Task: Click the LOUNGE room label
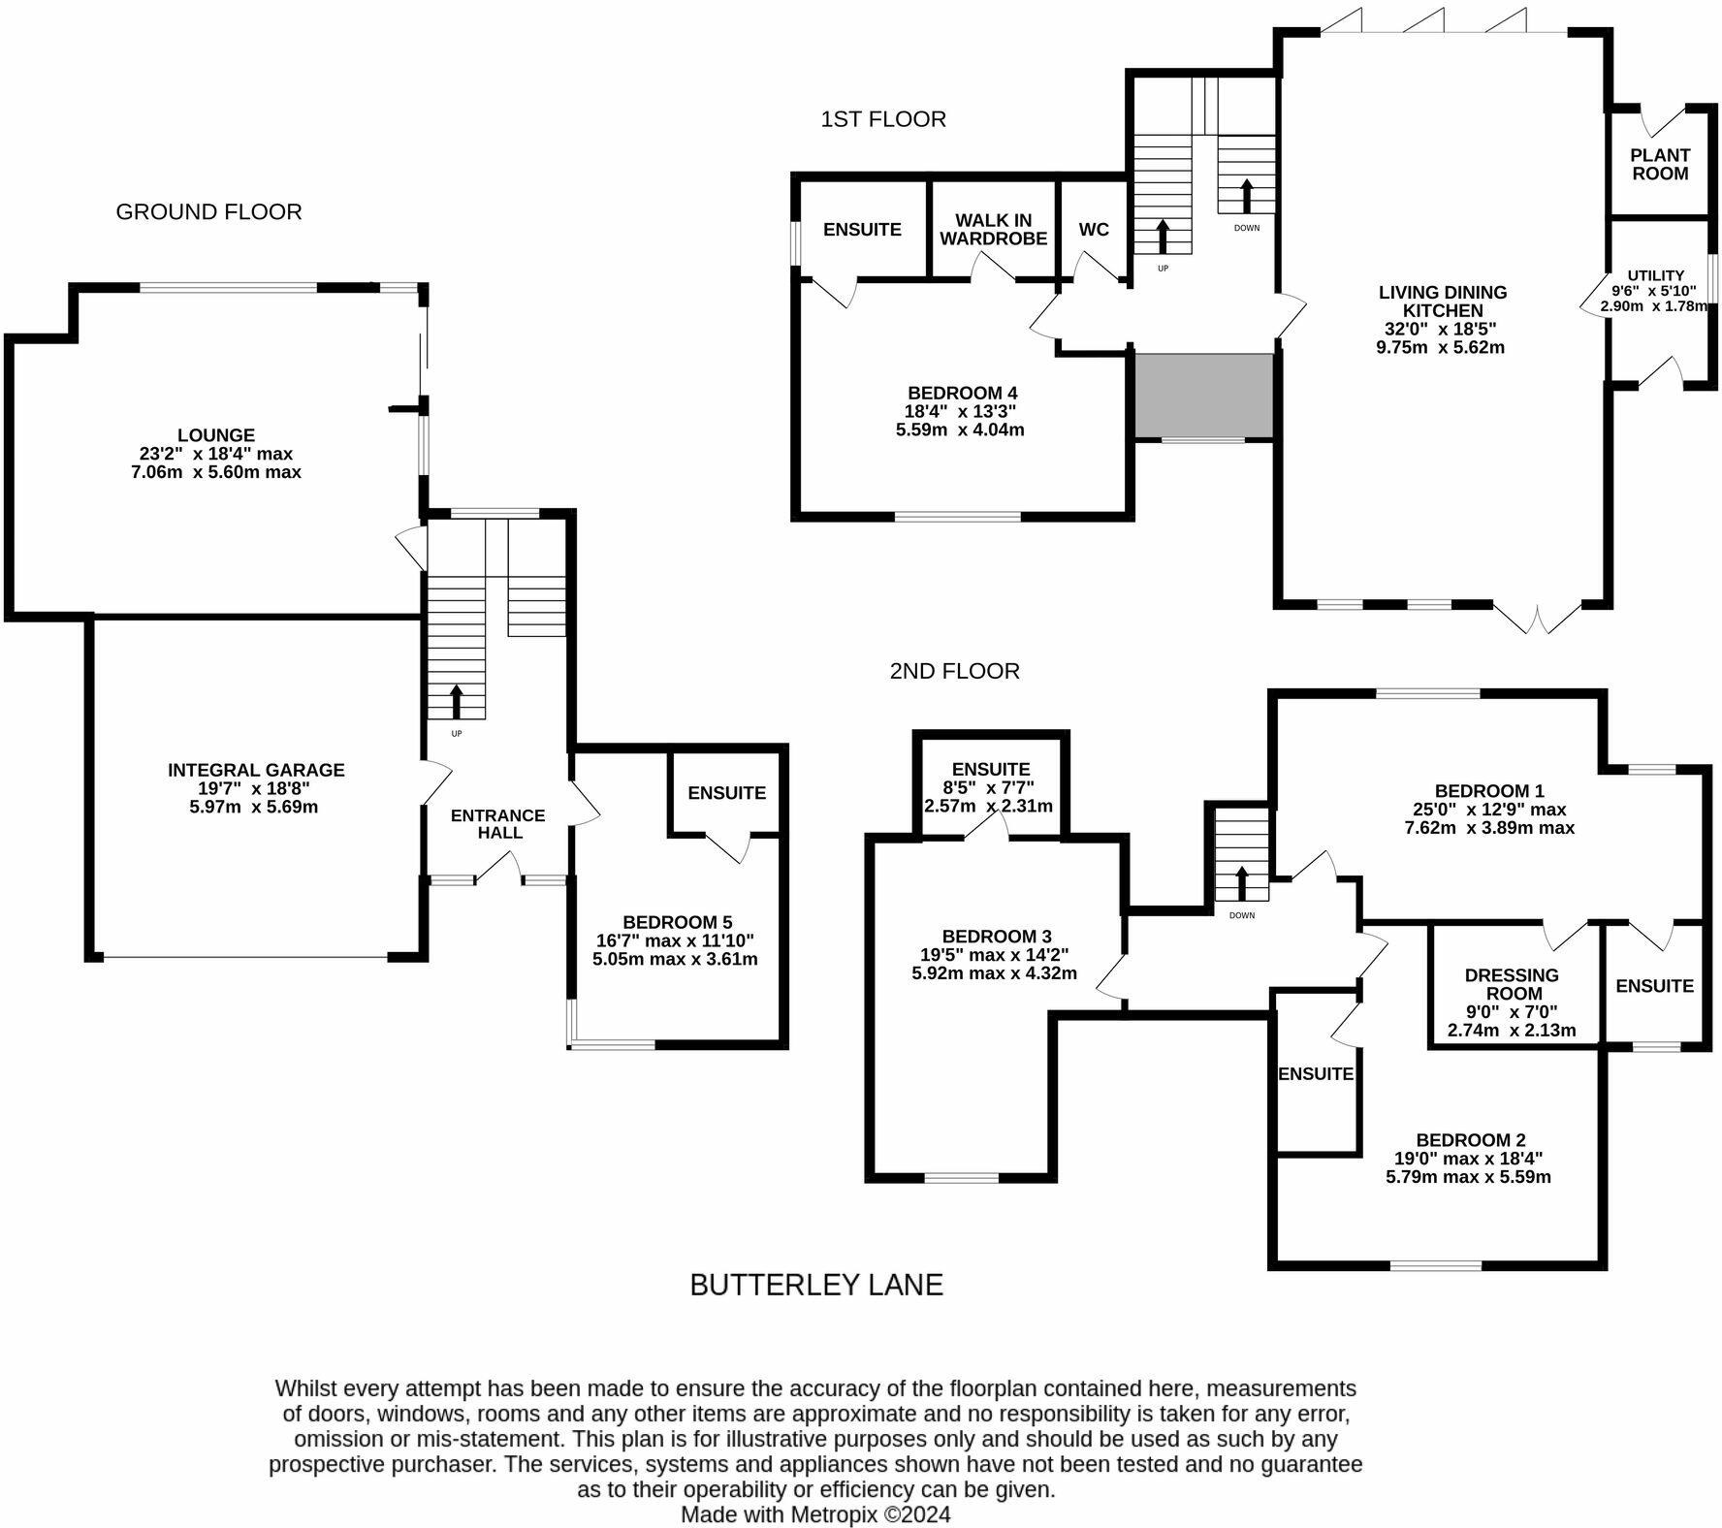pos(215,435)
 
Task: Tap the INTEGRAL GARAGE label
pos(256,770)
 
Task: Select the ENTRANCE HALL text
pos(498,824)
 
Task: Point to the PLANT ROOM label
pos(1660,164)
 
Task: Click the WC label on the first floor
pos(1094,230)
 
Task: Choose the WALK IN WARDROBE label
pos(994,230)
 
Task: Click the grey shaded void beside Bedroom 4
pos(1203,396)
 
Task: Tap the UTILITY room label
pos(1656,276)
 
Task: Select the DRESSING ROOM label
pos(1513,984)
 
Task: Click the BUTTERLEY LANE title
pos(816,1285)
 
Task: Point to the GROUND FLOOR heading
pos(208,212)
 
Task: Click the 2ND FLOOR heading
pos(955,671)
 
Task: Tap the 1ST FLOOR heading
pos(883,119)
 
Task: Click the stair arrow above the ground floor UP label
pos(457,701)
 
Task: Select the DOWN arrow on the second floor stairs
pos(1242,882)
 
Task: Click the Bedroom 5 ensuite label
pos(727,793)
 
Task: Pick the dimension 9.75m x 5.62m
pos(1440,347)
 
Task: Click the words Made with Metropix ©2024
pos(815,1514)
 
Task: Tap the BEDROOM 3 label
pos(997,937)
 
